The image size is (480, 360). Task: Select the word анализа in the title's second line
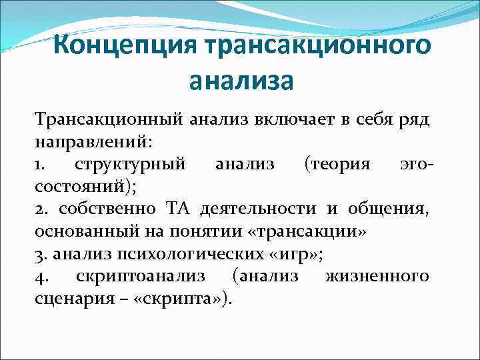pyautogui.click(x=241, y=81)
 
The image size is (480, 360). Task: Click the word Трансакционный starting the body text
pyautogui.click(x=109, y=121)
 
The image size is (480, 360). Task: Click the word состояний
pyautogui.click(x=84, y=187)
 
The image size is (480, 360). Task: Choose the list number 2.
pyautogui.click(x=40, y=209)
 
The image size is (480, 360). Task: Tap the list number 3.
pyautogui.click(x=39, y=253)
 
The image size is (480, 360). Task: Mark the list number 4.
pyautogui.click(x=39, y=275)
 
